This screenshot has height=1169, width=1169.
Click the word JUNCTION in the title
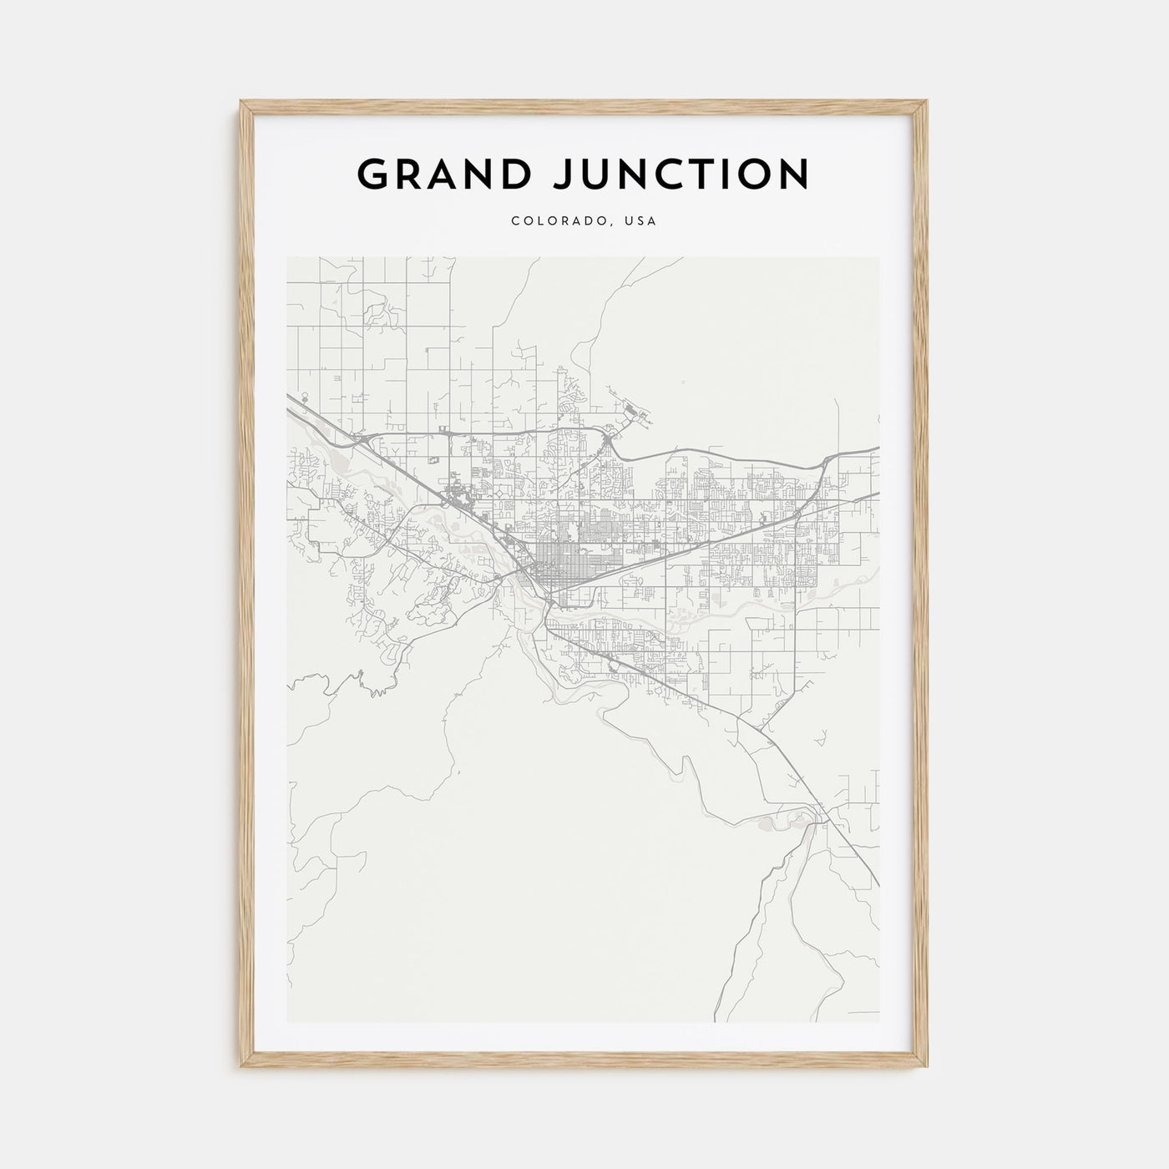(x=686, y=175)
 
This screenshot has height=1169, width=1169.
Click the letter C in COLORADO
(x=515, y=221)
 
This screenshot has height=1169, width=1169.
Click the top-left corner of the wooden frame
(x=240, y=101)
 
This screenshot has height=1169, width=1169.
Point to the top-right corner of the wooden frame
(x=928, y=101)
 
